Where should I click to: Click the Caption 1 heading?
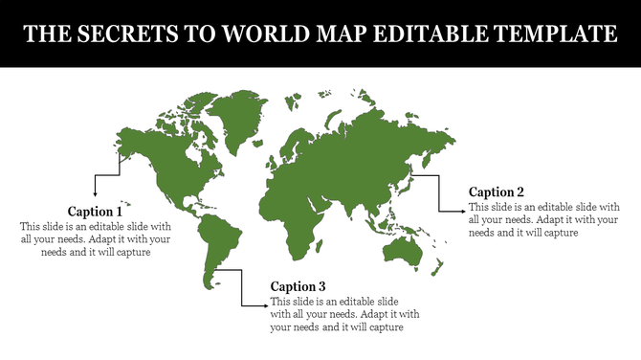(x=95, y=211)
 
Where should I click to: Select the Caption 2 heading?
(x=497, y=191)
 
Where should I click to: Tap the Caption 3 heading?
(x=298, y=286)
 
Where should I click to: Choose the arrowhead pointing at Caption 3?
(x=264, y=306)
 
